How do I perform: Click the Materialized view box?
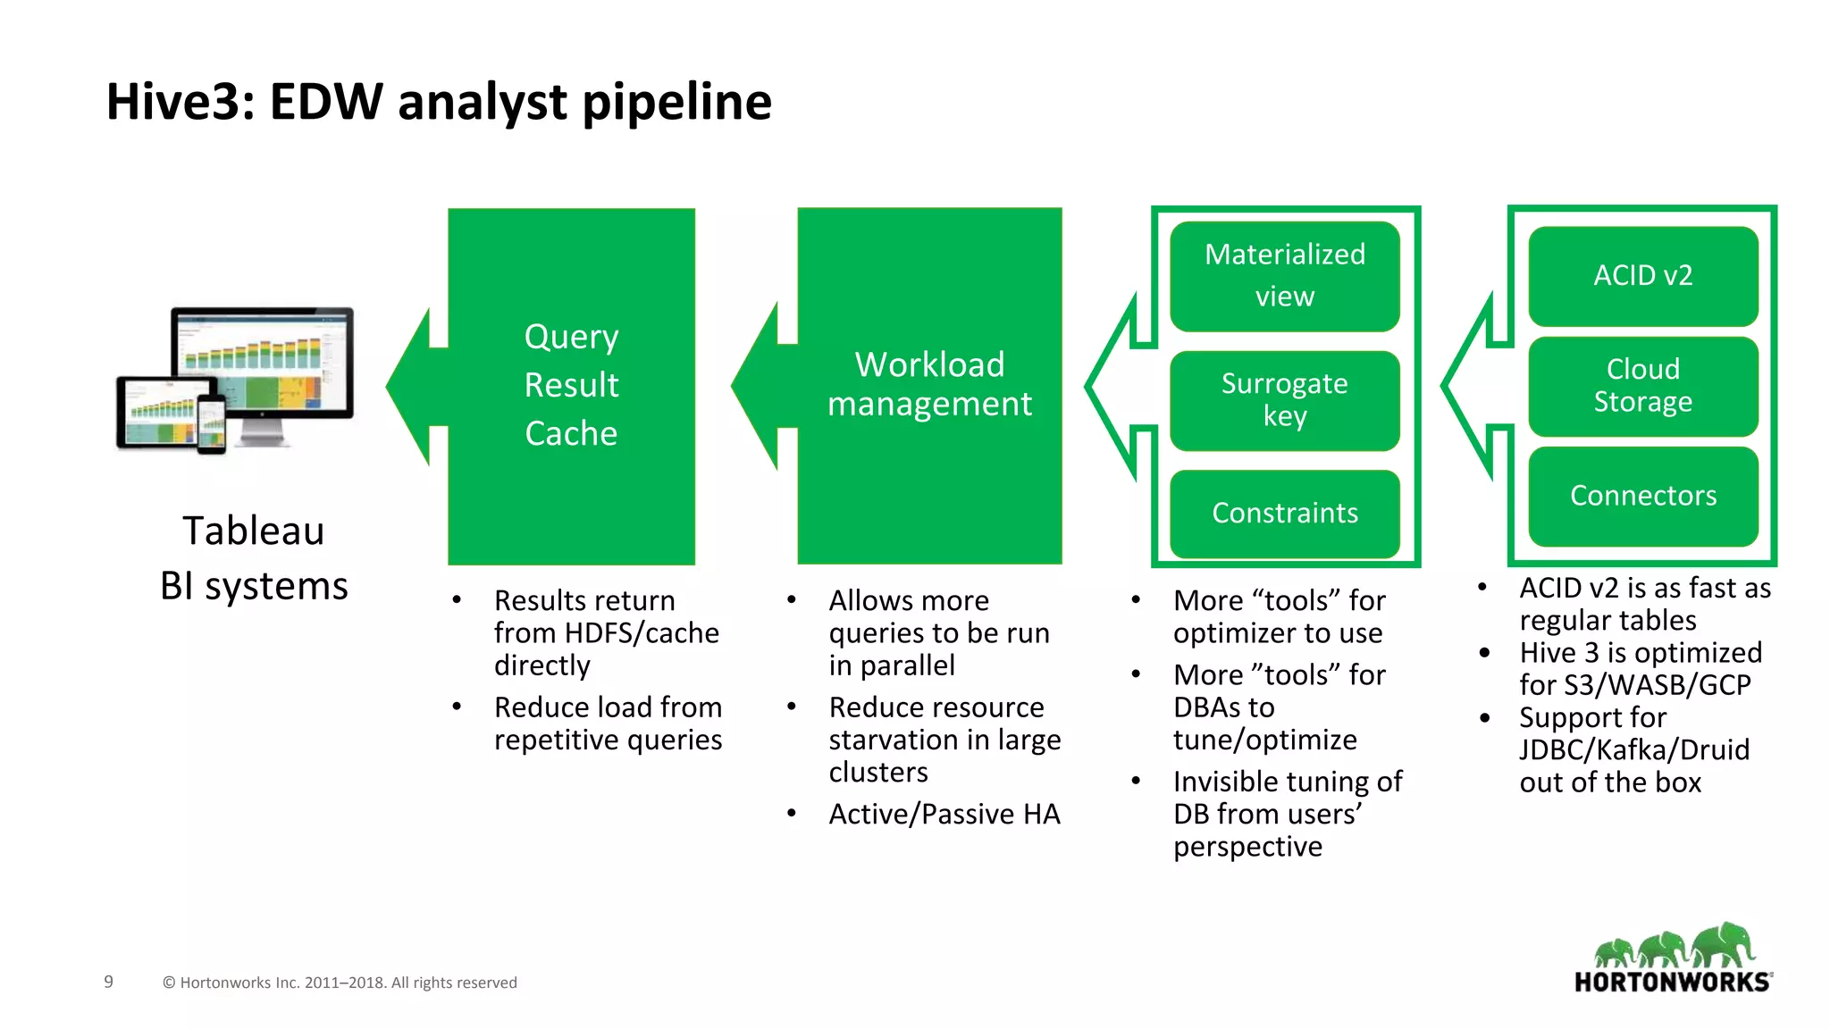tap(1284, 275)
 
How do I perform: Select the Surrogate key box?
tap(1284, 400)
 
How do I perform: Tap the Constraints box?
tap(1284, 513)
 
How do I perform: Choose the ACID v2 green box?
tap(1642, 275)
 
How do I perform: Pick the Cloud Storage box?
tap(1642, 386)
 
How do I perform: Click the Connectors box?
tap(1642, 496)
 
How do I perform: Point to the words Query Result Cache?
tap(571, 385)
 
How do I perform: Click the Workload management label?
tap(929, 384)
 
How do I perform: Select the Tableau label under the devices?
tap(253, 531)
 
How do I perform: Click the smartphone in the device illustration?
tap(212, 425)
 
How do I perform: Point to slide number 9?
tap(109, 982)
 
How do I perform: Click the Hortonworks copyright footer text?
tap(340, 983)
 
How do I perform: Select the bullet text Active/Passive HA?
tap(944, 814)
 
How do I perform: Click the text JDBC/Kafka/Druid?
tap(1633, 749)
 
